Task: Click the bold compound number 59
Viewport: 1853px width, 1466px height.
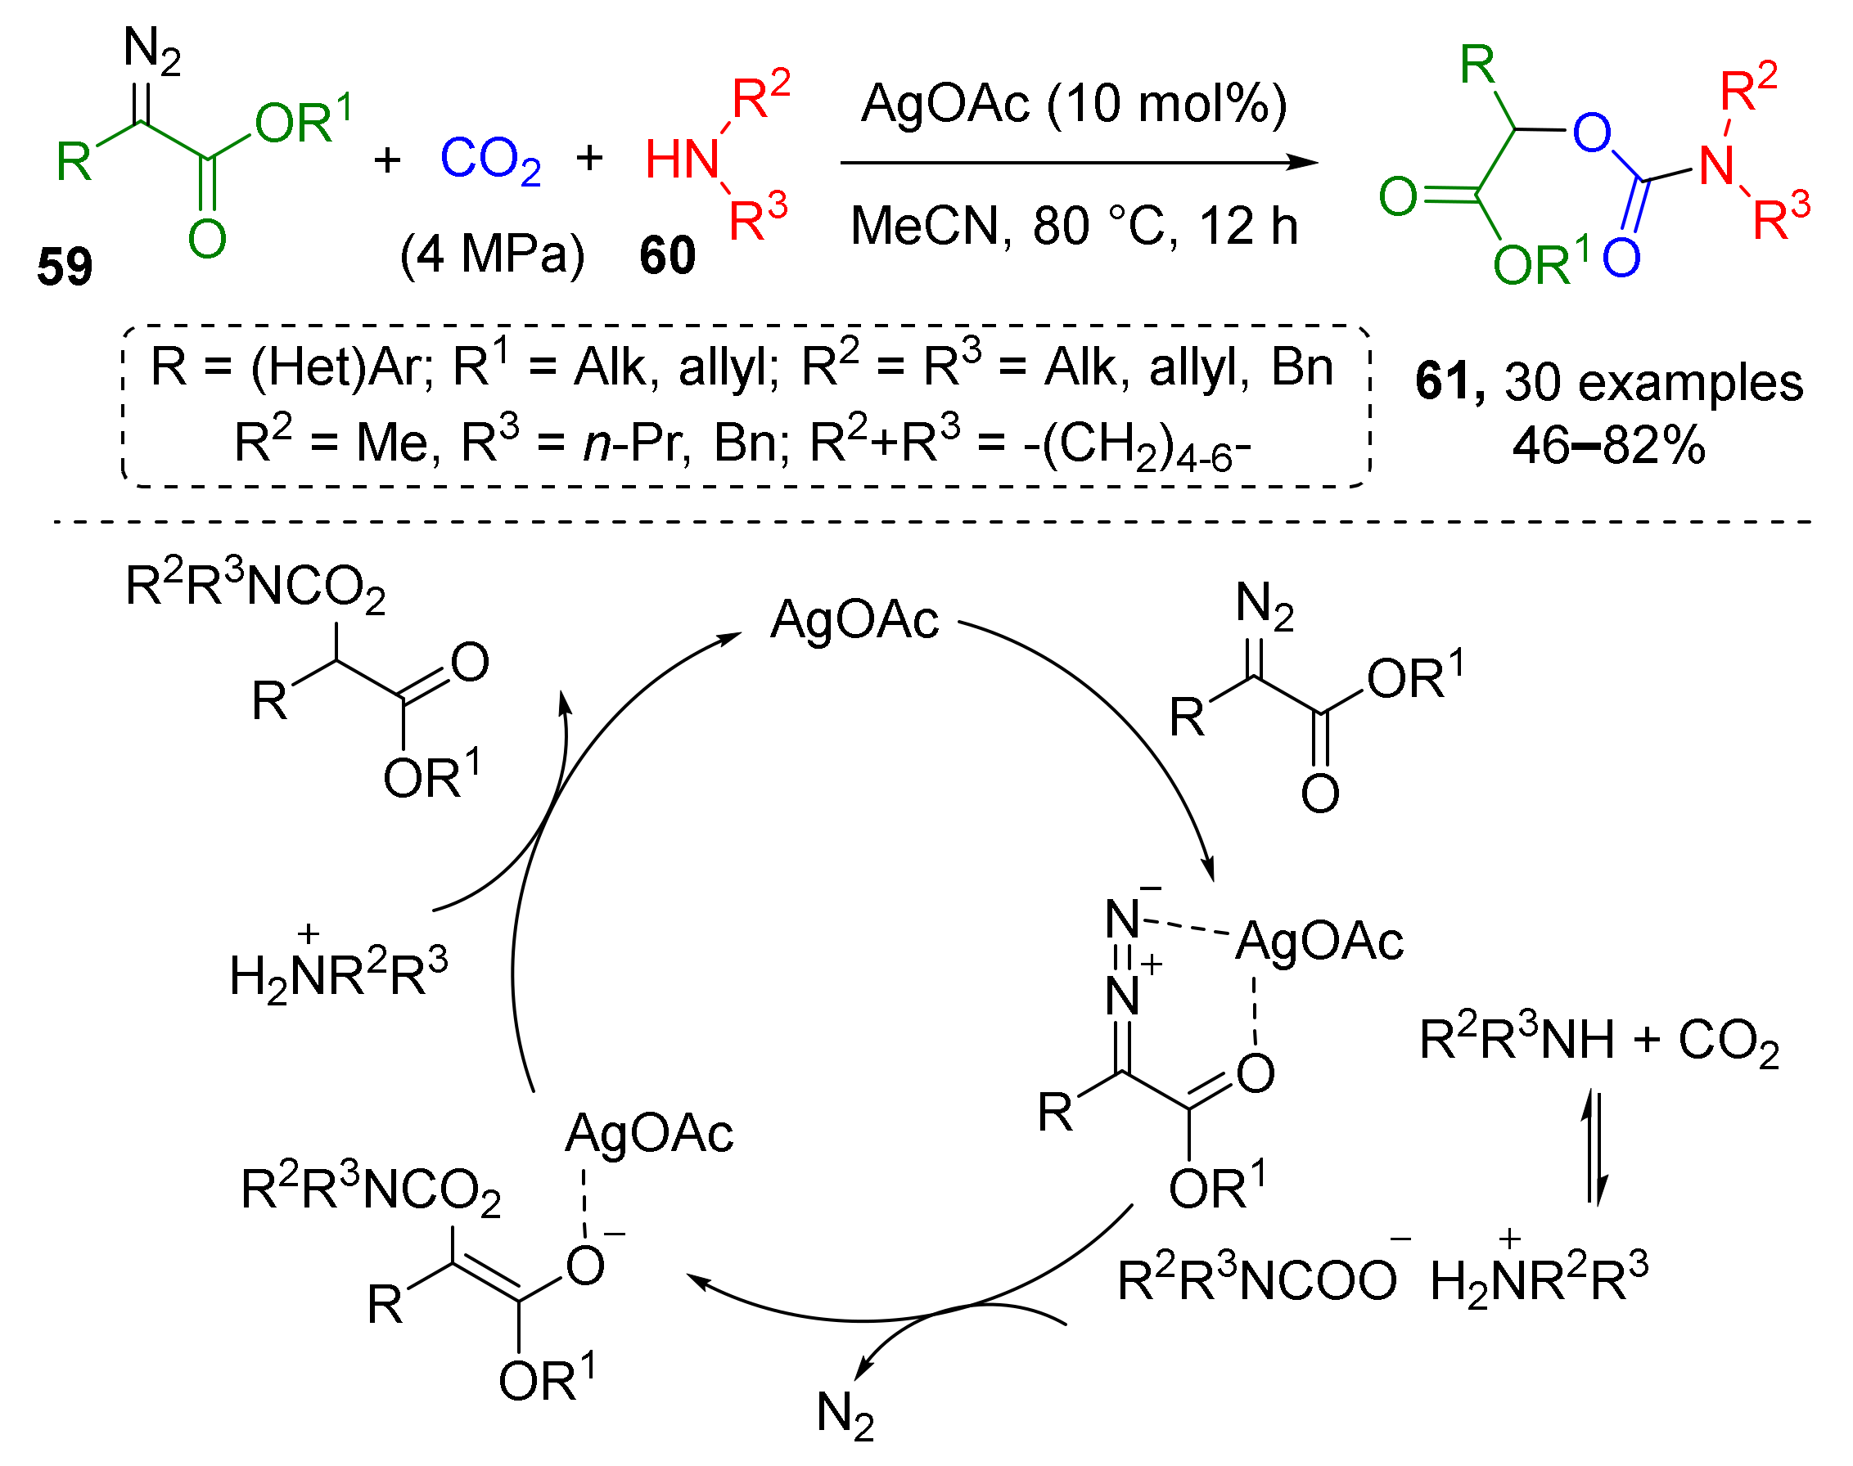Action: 65,266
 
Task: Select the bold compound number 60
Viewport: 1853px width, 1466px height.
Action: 666,256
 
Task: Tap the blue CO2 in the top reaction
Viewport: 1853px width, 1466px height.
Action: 489,160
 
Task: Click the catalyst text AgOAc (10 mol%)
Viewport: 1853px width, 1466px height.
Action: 1073,104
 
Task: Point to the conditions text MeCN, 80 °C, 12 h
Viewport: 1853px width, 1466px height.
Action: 1073,226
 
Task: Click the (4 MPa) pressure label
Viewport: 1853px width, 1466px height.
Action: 492,255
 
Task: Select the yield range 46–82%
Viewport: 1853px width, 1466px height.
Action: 1608,446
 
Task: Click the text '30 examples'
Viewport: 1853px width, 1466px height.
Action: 1653,382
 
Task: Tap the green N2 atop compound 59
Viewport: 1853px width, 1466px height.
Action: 152,48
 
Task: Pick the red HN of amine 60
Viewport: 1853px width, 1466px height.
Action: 683,160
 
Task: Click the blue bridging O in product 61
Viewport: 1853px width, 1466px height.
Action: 1591,133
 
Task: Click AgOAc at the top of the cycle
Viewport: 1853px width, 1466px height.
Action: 854,620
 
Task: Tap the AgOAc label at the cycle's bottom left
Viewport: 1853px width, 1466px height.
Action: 649,1133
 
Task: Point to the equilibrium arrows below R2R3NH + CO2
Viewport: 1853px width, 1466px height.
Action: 1594,1147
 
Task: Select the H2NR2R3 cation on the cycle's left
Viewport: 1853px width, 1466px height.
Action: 338,975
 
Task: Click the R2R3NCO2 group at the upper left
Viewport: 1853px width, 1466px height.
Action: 255,588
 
